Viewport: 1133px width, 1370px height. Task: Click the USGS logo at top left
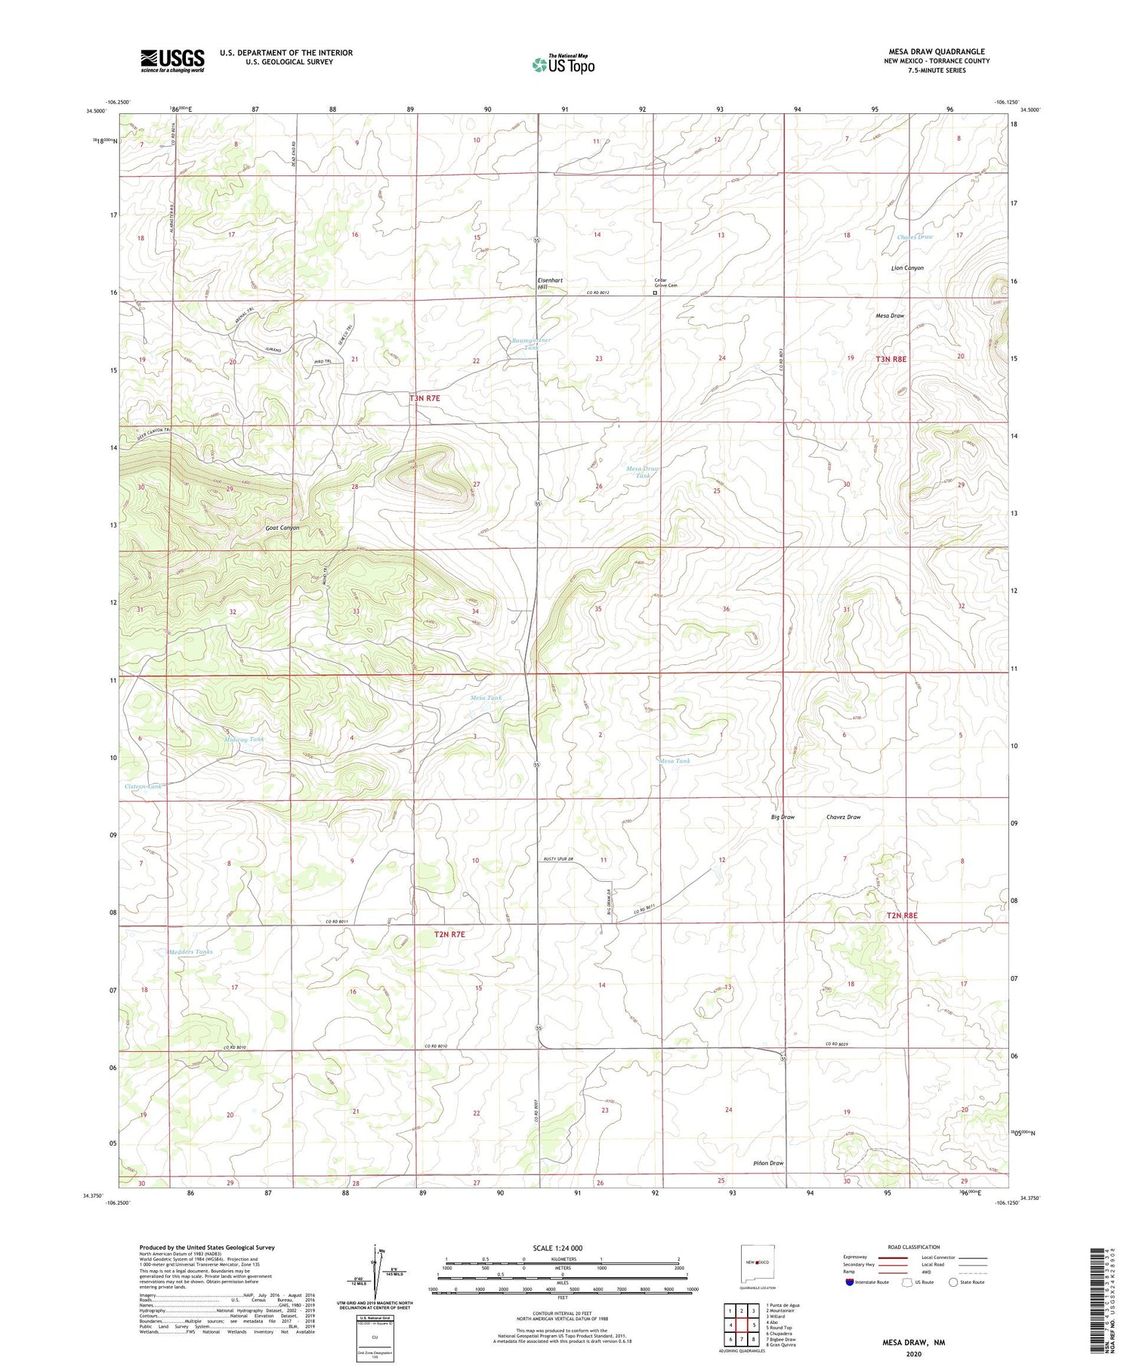pos(172,60)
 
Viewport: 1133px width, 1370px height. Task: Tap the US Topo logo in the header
pos(563,64)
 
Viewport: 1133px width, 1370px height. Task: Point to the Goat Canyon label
pos(282,528)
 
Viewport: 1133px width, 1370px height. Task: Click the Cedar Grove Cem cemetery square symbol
pos(655,293)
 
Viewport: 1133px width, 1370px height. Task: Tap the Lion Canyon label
pos(908,268)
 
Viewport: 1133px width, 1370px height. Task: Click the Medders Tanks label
pos(190,951)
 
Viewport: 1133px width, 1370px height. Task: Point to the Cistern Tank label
pos(144,787)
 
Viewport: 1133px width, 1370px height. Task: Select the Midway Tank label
pos(244,739)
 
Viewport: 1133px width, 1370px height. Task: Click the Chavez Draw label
pos(843,817)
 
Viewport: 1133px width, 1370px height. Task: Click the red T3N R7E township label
pos(424,397)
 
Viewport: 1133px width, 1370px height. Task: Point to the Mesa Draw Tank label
pos(643,472)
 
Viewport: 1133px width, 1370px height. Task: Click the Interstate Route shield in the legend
pos(849,1282)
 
